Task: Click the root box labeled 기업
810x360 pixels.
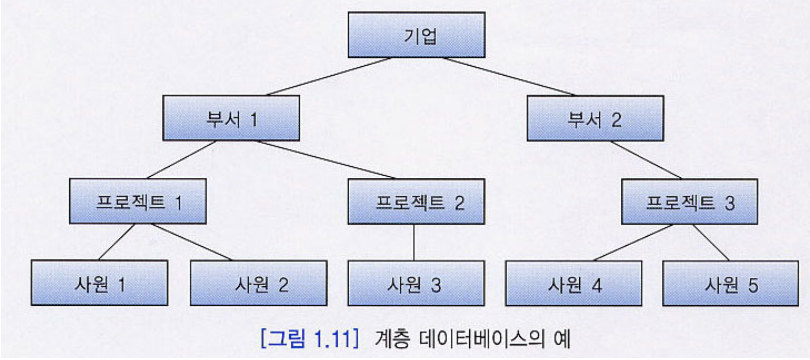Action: (x=417, y=35)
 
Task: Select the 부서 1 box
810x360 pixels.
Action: (x=231, y=118)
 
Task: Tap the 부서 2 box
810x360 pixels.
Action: (x=595, y=119)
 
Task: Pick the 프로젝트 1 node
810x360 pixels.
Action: (x=138, y=202)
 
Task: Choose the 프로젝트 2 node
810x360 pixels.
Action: (x=416, y=202)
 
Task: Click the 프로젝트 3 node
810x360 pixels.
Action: (x=689, y=202)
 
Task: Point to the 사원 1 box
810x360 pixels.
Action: (x=99, y=283)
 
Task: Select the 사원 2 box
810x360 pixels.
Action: (x=259, y=283)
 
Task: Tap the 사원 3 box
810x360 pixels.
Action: (x=416, y=283)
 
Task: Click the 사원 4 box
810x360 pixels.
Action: (x=573, y=284)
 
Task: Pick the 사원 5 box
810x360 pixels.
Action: (x=730, y=284)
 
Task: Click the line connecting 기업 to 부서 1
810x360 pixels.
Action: (x=329, y=77)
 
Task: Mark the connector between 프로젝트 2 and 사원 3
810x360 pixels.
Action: (x=414, y=242)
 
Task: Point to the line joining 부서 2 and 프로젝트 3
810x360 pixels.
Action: (x=646, y=160)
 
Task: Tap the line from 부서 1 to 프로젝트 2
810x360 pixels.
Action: (x=325, y=160)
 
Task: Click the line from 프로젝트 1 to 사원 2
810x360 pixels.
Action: (x=192, y=242)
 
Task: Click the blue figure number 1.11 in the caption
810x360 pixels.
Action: (x=331, y=339)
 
